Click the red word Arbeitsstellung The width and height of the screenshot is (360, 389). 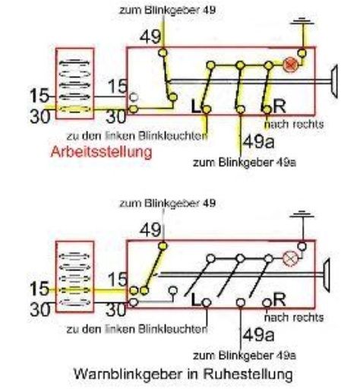pyautogui.click(x=101, y=153)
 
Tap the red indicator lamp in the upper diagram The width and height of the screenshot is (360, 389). pyautogui.click(x=290, y=65)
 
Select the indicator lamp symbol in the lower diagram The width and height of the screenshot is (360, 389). pyautogui.click(x=289, y=258)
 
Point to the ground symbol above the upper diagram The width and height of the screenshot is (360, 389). pyautogui.click(x=302, y=21)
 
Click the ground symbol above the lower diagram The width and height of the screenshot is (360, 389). pyautogui.click(x=302, y=214)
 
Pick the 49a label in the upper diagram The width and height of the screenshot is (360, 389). pyautogui.click(x=258, y=142)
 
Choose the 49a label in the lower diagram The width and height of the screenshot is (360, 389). pyautogui.click(x=258, y=335)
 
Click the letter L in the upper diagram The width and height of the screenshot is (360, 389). pyautogui.click(x=196, y=106)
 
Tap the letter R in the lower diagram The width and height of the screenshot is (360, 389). pyautogui.click(x=279, y=299)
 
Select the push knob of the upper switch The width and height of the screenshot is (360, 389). pyautogui.click(x=334, y=81)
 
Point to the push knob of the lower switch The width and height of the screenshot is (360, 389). pyautogui.click(x=327, y=275)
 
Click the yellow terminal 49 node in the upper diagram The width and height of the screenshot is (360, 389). pyautogui.click(x=163, y=52)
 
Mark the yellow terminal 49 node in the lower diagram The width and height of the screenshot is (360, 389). pyautogui.click(x=163, y=246)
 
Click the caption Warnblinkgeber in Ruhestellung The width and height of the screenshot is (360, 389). pyautogui.click(x=183, y=374)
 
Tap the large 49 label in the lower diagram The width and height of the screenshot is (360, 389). pyautogui.click(x=150, y=230)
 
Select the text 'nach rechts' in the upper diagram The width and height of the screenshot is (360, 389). pyautogui.click(x=294, y=125)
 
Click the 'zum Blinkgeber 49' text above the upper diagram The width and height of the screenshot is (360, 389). pyautogui.click(x=167, y=11)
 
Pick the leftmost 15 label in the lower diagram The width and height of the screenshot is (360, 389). pyautogui.click(x=39, y=289)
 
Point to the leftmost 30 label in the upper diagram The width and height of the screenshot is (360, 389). pyautogui.click(x=40, y=116)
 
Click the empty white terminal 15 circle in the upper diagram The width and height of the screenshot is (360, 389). pyautogui.click(x=134, y=97)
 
